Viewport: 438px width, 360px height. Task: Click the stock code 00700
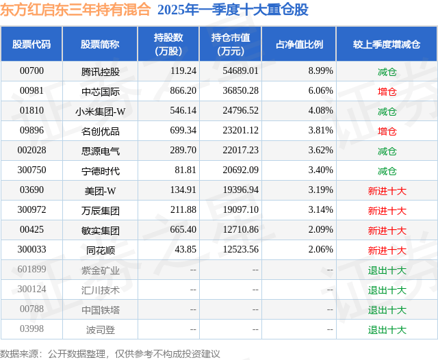click(x=31, y=71)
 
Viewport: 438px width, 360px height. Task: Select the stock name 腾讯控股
click(x=100, y=71)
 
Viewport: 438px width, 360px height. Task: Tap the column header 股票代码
click(x=31, y=44)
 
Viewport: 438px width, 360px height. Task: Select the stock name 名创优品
click(x=100, y=131)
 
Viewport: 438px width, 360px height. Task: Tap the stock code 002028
click(x=31, y=151)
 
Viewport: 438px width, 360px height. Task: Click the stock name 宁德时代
click(x=100, y=171)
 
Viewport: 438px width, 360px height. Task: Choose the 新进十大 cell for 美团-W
click(x=387, y=191)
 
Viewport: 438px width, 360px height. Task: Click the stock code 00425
click(x=31, y=231)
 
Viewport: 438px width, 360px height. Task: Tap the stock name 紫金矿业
click(x=100, y=270)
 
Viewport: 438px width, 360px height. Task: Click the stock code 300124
click(x=31, y=290)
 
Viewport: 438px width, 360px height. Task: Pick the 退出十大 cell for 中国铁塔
click(x=387, y=310)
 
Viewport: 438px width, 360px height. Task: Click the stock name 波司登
click(x=100, y=330)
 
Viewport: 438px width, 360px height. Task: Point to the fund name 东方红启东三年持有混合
click(x=76, y=10)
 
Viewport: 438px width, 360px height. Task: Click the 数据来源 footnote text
click(x=109, y=353)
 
